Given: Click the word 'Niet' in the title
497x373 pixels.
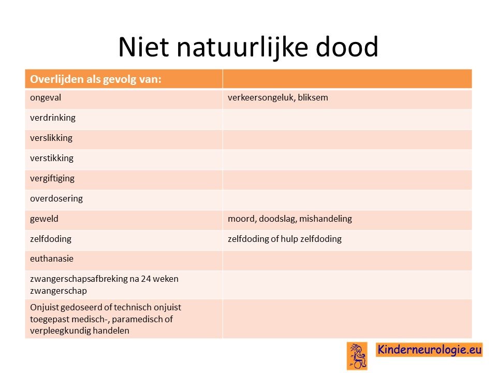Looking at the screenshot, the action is coord(143,47).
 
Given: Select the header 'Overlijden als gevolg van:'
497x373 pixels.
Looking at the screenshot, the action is coord(96,79).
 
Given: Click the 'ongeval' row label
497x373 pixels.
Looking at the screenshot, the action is coord(46,98).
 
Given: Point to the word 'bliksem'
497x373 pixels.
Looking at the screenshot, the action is coord(313,97).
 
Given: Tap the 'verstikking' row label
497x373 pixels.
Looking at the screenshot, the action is coord(52,158).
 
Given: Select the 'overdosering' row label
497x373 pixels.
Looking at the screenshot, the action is coord(56,198).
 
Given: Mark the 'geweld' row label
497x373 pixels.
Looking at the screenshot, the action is coord(44,219).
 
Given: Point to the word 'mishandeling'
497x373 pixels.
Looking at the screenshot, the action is coord(326,219).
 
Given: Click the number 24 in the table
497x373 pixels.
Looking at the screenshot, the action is coord(146,279).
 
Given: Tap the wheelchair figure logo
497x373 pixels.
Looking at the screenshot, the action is coord(357,356).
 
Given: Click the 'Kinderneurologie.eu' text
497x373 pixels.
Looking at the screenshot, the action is coord(429,350).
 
